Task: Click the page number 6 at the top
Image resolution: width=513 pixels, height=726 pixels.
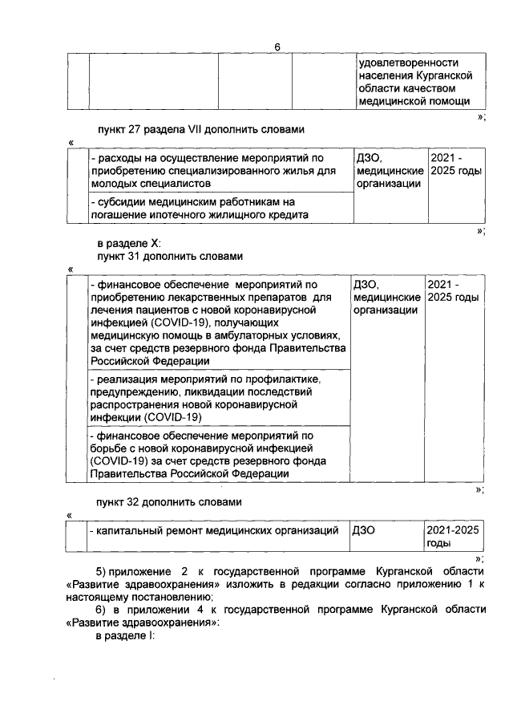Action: pyautogui.click(x=277, y=47)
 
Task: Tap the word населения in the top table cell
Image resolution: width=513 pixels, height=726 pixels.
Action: pyautogui.click(x=387, y=75)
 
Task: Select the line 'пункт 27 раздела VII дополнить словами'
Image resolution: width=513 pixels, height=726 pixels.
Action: pyautogui.click(x=201, y=128)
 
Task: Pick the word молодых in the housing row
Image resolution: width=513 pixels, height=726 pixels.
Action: pyautogui.click(x=113, y=184)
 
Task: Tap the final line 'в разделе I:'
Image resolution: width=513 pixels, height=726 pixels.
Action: pyautogui.click(x=124, y=636)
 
